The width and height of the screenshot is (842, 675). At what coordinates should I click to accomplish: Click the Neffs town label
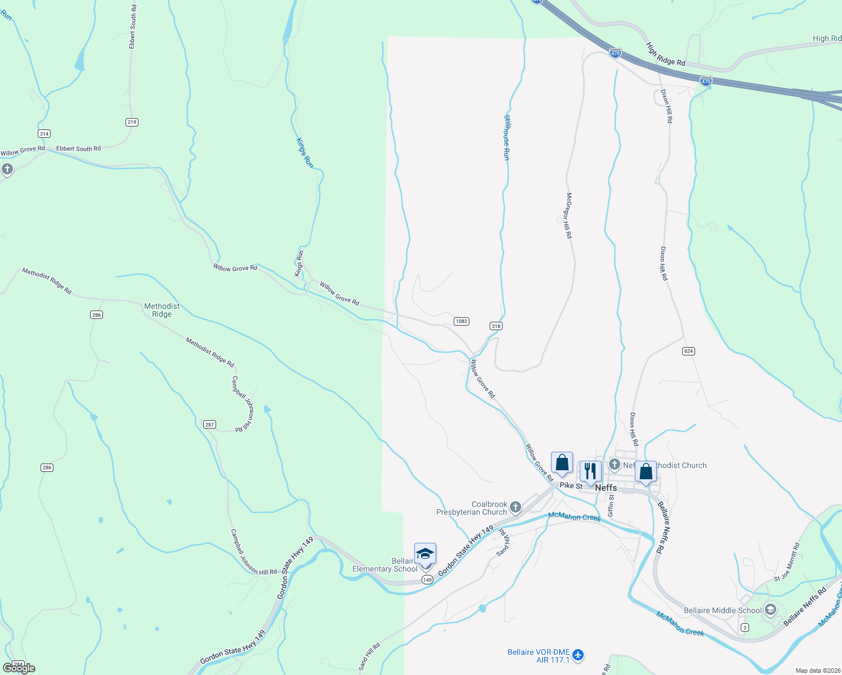pos(606,488)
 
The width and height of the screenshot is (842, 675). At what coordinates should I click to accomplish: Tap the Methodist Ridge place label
pos(162,310)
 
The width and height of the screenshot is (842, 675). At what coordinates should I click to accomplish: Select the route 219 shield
pos(132,122)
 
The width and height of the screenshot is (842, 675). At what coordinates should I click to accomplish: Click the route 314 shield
pos(44,133)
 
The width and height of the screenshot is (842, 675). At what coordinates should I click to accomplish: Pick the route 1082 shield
pos(461,321)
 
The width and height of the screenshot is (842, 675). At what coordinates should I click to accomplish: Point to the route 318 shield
pos(495,326)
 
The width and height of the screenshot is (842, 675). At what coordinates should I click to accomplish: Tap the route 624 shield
pos(688,351)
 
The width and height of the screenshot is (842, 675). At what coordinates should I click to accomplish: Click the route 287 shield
pos(209,425)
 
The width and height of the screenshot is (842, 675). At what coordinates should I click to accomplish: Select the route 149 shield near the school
pos(427,580)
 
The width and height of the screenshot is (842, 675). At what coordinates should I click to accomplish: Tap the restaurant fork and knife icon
pos(590,471)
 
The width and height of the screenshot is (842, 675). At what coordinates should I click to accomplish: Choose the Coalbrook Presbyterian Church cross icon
pos(515,508)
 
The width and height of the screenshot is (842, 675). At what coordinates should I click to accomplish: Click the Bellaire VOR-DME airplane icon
pos(578,655)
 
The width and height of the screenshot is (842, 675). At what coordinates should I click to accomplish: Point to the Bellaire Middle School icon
pos(770,610)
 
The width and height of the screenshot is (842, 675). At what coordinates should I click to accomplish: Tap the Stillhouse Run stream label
pos(507,138)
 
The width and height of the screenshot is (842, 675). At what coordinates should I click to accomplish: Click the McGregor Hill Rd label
pos(569,215)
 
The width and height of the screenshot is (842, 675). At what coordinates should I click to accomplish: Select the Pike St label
pos(571,485)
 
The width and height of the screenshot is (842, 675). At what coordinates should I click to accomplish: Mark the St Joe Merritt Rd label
pos(786,562)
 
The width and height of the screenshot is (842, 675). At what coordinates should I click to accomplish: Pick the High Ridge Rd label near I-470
pos(665,55)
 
